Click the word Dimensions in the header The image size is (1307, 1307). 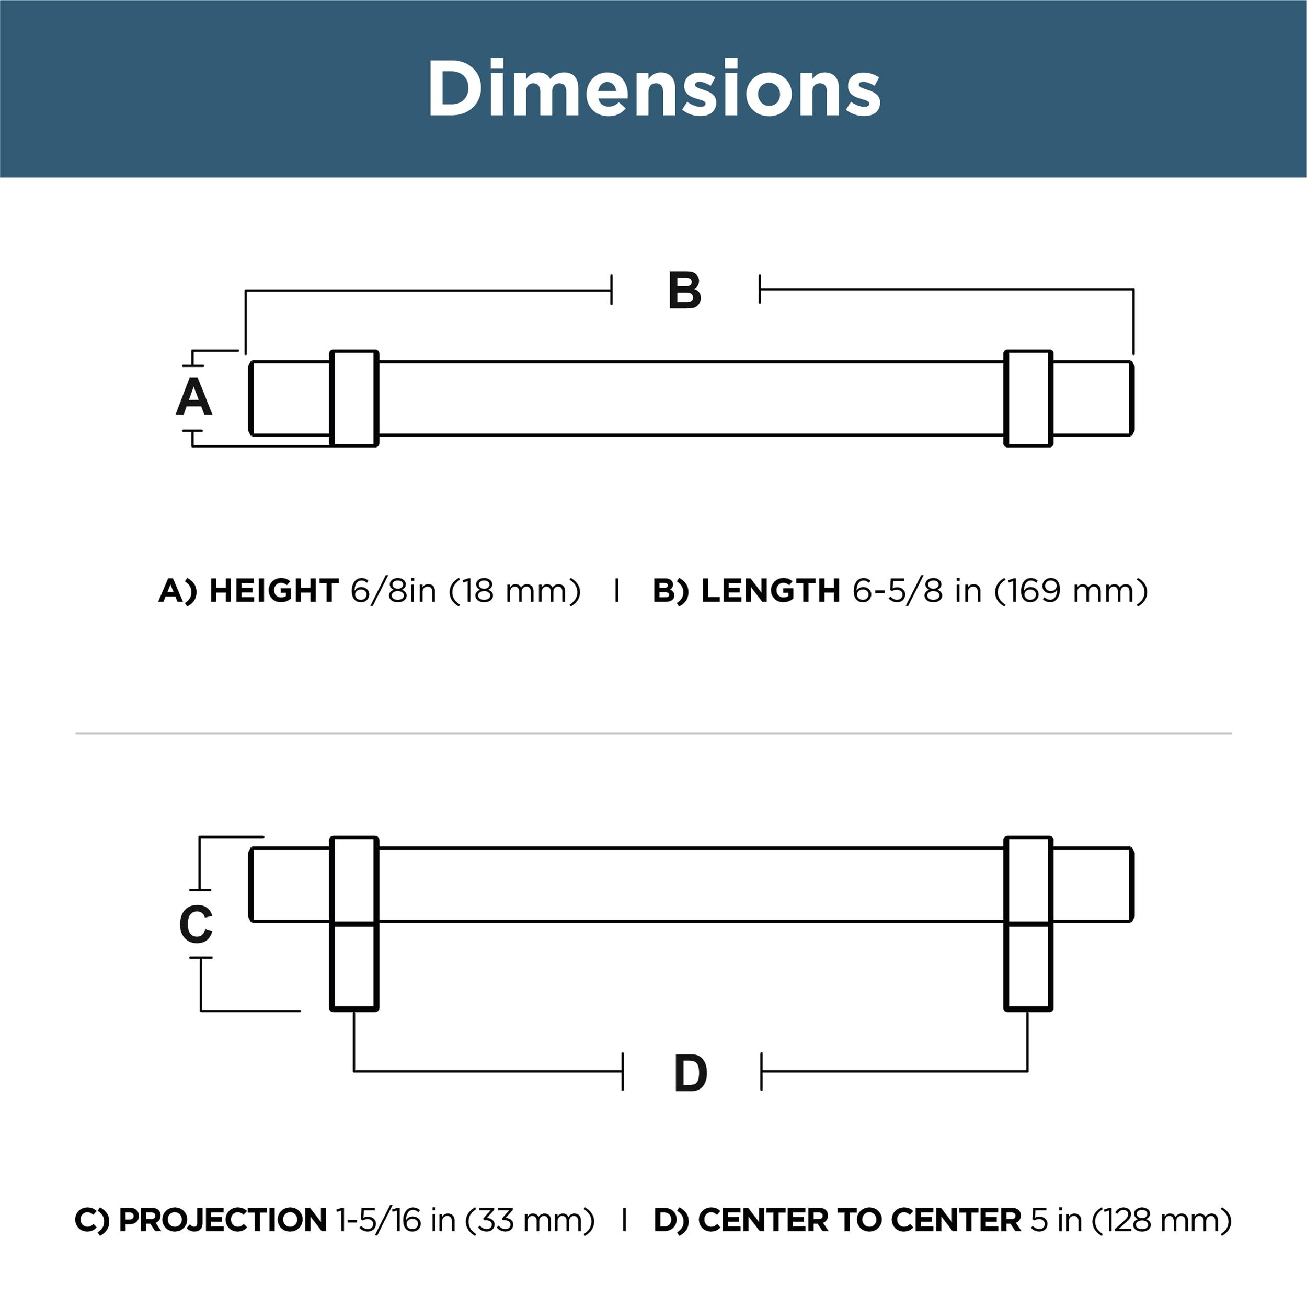click(x=653, y=89)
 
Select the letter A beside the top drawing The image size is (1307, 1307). click(x=194, y=398)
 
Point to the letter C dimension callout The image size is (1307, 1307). click(x=196, y=925)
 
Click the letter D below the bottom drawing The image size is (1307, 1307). click(x=691, y=1074)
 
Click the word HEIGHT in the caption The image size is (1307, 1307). click(x=274, y=591)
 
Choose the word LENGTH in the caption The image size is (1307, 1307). click(x=771, y=591)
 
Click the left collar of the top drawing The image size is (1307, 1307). click(x=354, y=398)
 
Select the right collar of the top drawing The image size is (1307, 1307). click(x=1028, y=398)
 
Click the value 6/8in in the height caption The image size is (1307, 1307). click(x=393, y=591)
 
